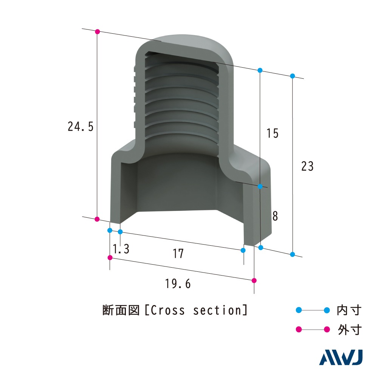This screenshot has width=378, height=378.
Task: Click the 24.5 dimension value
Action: click(x=80, y=127)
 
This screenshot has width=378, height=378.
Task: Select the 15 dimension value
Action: click(x=272, y=133)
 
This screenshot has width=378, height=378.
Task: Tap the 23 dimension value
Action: click(x=307, y=166)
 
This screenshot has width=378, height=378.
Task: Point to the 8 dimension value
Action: click(x=275, y=216)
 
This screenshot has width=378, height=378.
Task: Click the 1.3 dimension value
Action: click(x=121, y=249)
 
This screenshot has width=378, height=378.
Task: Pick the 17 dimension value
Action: click(x=178, y=254)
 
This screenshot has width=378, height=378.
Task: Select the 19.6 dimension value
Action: click(x=178, y=283)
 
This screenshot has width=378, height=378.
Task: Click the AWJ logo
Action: click(x=341, y=358)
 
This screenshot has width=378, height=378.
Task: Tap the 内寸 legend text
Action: click(x=349, y=310)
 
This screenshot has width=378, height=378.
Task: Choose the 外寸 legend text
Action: click(x=349, y=330)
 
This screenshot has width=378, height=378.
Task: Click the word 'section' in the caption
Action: click(x=217, y=310)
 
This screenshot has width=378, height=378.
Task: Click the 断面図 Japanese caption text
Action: click(x=121, y=310)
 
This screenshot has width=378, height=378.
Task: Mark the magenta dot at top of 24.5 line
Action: click(x=97, y=31)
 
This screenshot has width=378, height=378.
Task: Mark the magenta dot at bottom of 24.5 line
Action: click(x=97, y=219)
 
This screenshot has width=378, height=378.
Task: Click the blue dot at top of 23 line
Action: click(x=292, y=76)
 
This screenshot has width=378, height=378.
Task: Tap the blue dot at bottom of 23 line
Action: click(x=292, y=254)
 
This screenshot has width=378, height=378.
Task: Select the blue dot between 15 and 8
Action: click(x=260, y=186)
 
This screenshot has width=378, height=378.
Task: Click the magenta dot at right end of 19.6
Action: click(x=254, y=280)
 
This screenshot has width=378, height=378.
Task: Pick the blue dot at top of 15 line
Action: click(x=260, y=70)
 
